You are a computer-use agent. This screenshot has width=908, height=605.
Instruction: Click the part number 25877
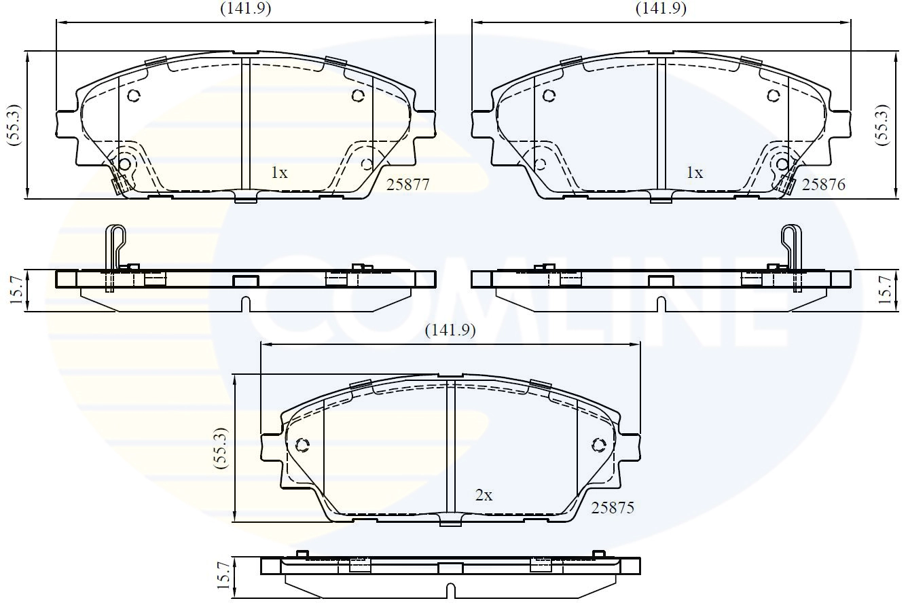pyautogui.click(x=407, y=185)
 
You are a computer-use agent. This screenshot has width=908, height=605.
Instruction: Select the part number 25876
pyautogui.click(x=823, y=185)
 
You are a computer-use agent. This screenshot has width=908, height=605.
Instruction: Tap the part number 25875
pyautogui.click(x=613, y=508)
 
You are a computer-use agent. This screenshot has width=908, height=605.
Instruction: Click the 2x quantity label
pyautogui.click(x=484, y=495)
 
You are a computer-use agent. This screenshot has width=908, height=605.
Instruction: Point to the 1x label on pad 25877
pyautogui.click(x=279, y=173)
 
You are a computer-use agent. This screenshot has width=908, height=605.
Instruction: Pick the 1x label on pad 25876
pyautogui.click(x=694, y=173)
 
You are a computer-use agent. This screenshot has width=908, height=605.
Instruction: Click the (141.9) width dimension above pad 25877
pyautogui.click(x=246, y=9)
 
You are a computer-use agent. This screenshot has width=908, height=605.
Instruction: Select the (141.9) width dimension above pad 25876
pyautogui.click(x=661, y=9)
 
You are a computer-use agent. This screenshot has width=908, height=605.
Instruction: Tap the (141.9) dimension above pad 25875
pyautogui.click(x=450, y=331)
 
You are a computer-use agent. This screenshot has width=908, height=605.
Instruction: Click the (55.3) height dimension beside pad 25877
pyautogui.click(x=14, y=125)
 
